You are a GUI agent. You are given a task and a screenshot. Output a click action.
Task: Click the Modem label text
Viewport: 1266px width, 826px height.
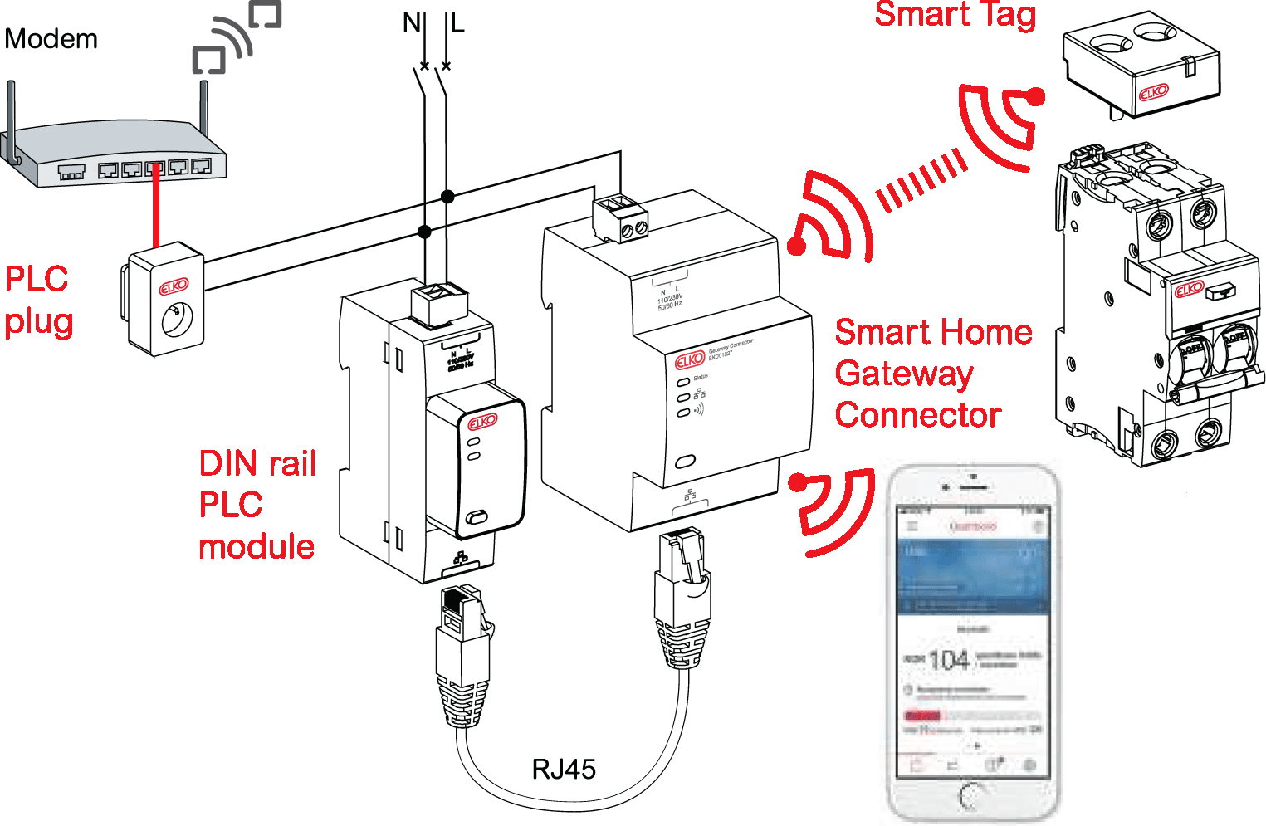51,39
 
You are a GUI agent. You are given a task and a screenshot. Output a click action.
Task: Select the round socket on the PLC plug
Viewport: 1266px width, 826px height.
177,320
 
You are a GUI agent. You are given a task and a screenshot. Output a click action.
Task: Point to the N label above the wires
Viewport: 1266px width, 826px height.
411,22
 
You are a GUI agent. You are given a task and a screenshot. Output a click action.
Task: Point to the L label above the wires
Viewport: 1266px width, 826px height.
457,22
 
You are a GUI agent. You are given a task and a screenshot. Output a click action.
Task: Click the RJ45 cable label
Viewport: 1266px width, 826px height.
564,769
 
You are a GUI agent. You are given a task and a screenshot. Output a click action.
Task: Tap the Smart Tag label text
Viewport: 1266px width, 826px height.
956,15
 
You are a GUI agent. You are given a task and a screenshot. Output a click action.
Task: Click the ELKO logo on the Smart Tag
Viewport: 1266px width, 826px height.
1153,92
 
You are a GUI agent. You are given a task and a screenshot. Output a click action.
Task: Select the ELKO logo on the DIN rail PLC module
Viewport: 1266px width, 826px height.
482,422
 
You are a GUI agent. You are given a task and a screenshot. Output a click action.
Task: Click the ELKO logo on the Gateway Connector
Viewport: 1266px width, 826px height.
690,360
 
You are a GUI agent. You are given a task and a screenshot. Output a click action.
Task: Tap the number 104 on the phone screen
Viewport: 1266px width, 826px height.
948,660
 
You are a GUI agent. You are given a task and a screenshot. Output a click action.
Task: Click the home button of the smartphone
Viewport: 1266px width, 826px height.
972,796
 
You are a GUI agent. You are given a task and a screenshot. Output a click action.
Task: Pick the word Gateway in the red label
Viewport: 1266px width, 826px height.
903,374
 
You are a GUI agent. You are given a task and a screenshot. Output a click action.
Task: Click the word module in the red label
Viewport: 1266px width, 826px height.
257,546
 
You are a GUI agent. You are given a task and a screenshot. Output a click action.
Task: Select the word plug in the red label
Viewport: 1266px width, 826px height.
39,322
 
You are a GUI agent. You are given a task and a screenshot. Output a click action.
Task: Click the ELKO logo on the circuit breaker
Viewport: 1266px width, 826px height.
1189,289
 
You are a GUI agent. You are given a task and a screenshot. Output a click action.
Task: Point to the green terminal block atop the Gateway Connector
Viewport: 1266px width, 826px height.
620,217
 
